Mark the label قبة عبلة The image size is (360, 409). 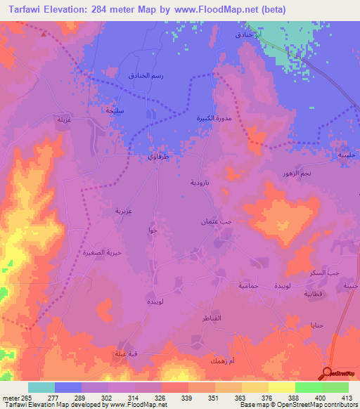coord(127,353)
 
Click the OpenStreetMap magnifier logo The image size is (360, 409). coord(328,373)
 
